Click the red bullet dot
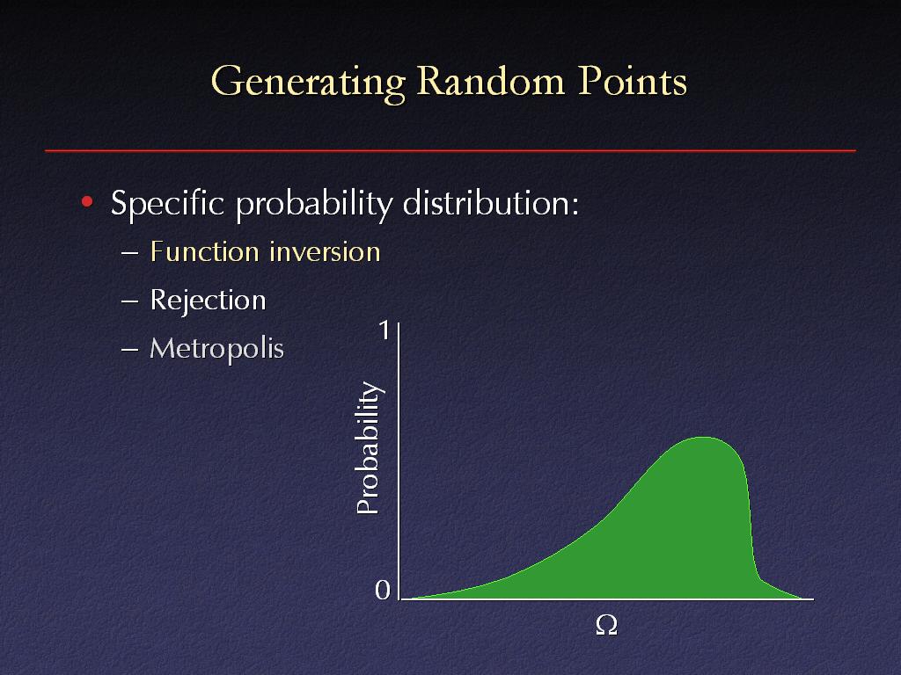pyautogui.click(x=87, y=201)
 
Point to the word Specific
pyautogui.click(x=167, y=204)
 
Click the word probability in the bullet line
pyautogui.click(x=314, y=205)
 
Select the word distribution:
pyautogui.click(x=491, y=203)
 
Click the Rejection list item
pyautogui.click(x=208, y=301)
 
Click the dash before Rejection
pyautogui.click(x=130, y=301)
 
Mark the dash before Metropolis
pyautogui.click(x=130, y=350)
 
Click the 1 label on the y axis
pyautogui.click(x=385, y=330)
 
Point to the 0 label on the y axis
pyautogui.click(x=383, y=590)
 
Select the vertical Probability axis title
pyautogui.click(x=369, y=447)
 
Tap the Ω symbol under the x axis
pyautogui.click(x=607, y=625)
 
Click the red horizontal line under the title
pyautogui.click(x=450, y=151)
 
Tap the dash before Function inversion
pyautogui.click(x=130, y=253)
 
